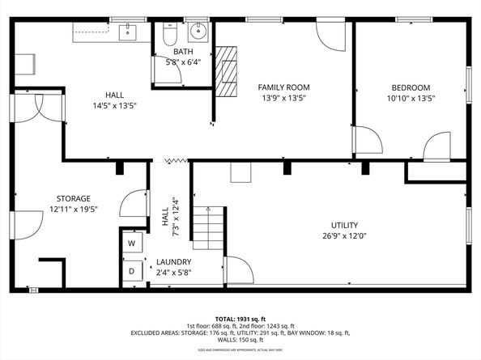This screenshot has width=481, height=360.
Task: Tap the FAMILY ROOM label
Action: click(283, 87)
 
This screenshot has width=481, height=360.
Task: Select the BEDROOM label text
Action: click(411, 87)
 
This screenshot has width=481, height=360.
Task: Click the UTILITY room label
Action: click(344, 225)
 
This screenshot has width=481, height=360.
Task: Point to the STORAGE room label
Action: click(73, 198)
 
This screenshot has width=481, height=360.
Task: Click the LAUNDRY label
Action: click(174, 262)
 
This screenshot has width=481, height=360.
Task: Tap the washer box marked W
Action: click(131, 243)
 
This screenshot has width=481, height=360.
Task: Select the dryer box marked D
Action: click(131, 271)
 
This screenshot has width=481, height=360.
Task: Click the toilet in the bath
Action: click(168, 35)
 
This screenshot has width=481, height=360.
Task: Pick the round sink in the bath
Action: click(197, 33)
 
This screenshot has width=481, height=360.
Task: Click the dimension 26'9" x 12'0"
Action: click(344, 236)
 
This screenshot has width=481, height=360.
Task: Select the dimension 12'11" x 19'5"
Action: click(73, 210)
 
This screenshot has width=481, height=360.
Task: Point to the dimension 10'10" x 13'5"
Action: click(411, 99)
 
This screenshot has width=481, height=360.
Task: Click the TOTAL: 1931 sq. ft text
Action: click(240, 318)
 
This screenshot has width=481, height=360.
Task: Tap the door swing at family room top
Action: click(330, 35)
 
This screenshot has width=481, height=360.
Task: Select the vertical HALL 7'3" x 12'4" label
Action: click(168, 214)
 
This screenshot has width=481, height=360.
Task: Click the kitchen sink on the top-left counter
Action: click(127, 32)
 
